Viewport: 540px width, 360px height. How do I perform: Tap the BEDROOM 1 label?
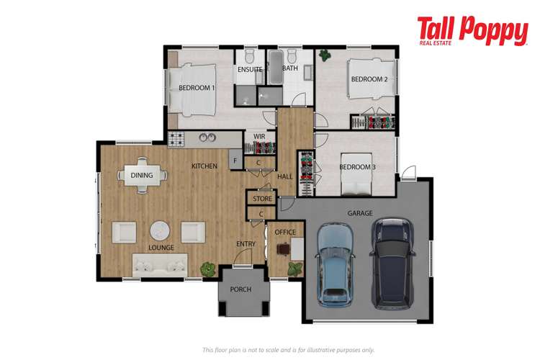pos(197,88)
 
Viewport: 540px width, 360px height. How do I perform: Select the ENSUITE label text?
pos(250,70)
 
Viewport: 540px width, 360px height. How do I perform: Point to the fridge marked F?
pos(234,160)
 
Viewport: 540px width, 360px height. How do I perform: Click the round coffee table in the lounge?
pos(159,231)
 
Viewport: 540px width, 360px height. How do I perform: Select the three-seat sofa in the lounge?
pos(159,265)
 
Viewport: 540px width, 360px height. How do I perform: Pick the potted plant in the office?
pos(294,268)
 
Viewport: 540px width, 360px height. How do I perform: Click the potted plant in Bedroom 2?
pos(325,54)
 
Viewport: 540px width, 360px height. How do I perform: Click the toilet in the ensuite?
pos(249,57)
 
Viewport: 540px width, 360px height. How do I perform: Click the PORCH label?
pos(240,290)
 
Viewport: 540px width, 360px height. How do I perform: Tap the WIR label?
pos(259,135)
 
